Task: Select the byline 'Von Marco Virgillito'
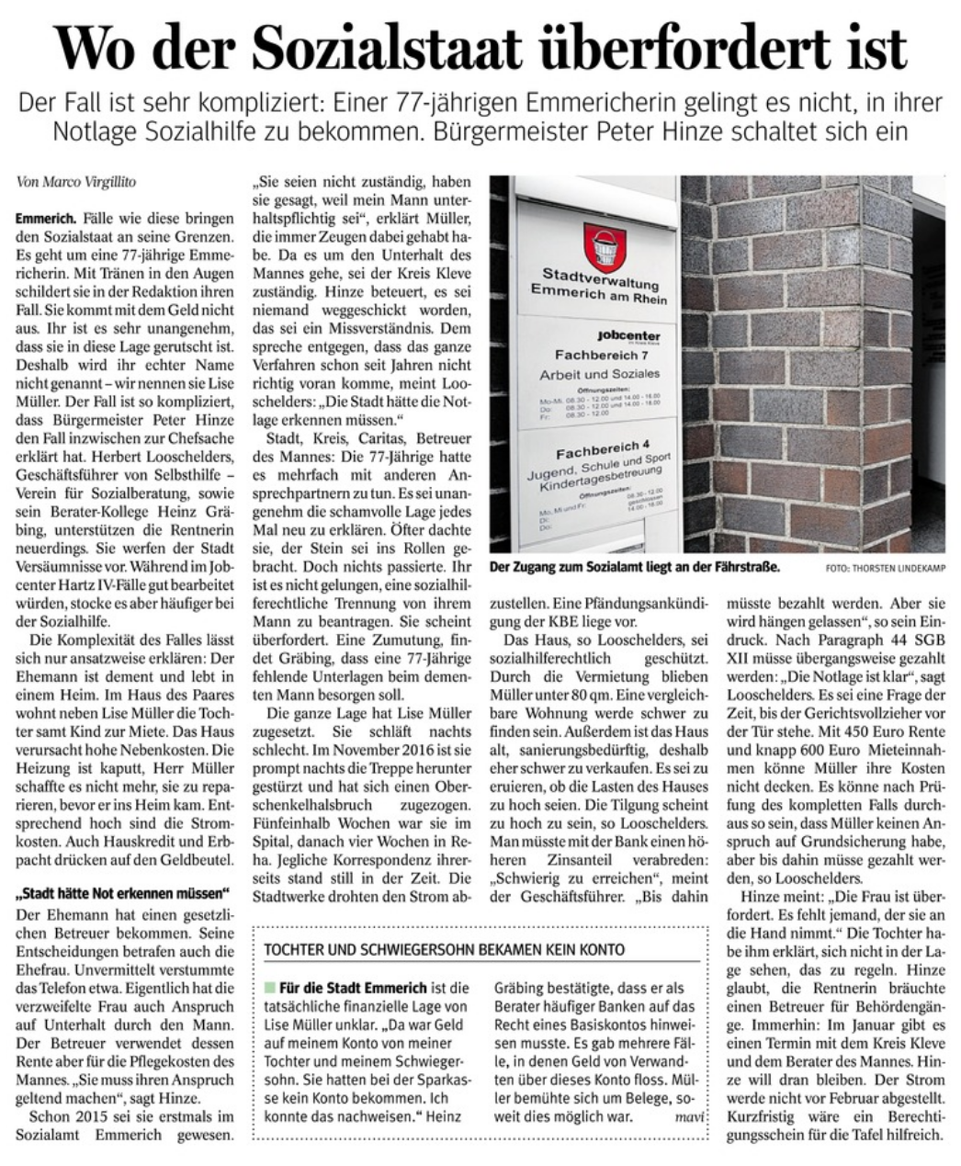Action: pyautogui.click(x=76, y=182)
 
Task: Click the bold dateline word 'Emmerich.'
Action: pyautogui.click(x=46, y=221)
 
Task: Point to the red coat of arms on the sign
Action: pyautogui.click(x=605, y=246)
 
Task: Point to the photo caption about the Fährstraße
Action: pyautogui.click(x=634, y=568)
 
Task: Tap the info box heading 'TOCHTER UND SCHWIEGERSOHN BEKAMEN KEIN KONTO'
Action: pyautogui.click(x=443, y=949)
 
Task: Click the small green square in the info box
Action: pyautogui.click(x=269, y=988)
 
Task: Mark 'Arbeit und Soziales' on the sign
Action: pyautogui.click(x=600, y=374)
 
